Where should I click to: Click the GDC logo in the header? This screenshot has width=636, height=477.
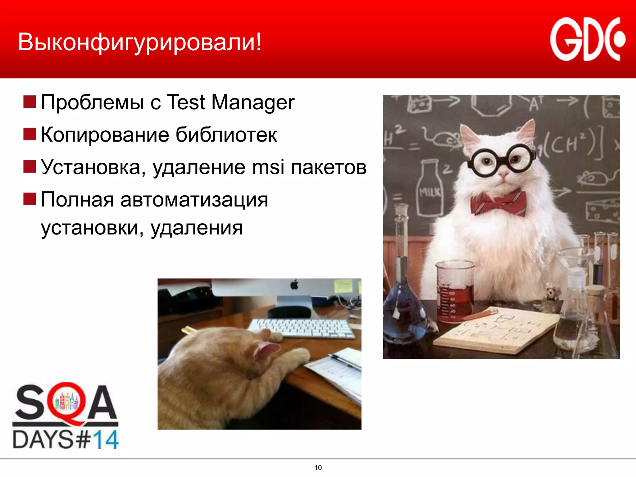587,39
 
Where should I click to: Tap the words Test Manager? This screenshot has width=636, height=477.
230,102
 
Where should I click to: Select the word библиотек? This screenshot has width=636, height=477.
226,135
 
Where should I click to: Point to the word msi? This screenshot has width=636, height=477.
268,167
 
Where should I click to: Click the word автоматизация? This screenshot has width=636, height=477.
194,199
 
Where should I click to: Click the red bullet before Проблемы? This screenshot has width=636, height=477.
30,102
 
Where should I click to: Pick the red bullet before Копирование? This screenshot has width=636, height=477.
30,134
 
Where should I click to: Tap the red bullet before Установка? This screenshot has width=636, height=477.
30,166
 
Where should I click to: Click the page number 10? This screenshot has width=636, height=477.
318,468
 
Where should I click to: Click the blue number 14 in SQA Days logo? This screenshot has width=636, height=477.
106,440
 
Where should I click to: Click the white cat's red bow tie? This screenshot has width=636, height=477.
498,202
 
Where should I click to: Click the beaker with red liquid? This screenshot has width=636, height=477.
455,292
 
